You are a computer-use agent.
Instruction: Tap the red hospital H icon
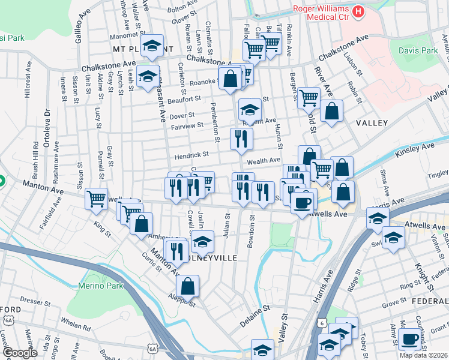tap(359, 11)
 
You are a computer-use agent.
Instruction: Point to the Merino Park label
tap(100, 286)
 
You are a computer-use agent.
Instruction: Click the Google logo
tap(19, 353)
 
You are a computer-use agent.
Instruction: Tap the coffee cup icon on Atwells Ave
tap(303, 202)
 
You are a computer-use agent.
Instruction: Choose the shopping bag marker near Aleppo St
tap(188, 286)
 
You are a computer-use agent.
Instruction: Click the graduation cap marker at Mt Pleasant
tap(152, 46)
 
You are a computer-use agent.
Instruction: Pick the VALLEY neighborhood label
tap(373, 123)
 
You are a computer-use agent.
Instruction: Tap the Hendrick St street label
tap(191, 155)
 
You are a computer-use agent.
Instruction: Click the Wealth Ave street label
tap(264, 161)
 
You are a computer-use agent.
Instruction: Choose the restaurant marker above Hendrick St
tap(241, 139)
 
